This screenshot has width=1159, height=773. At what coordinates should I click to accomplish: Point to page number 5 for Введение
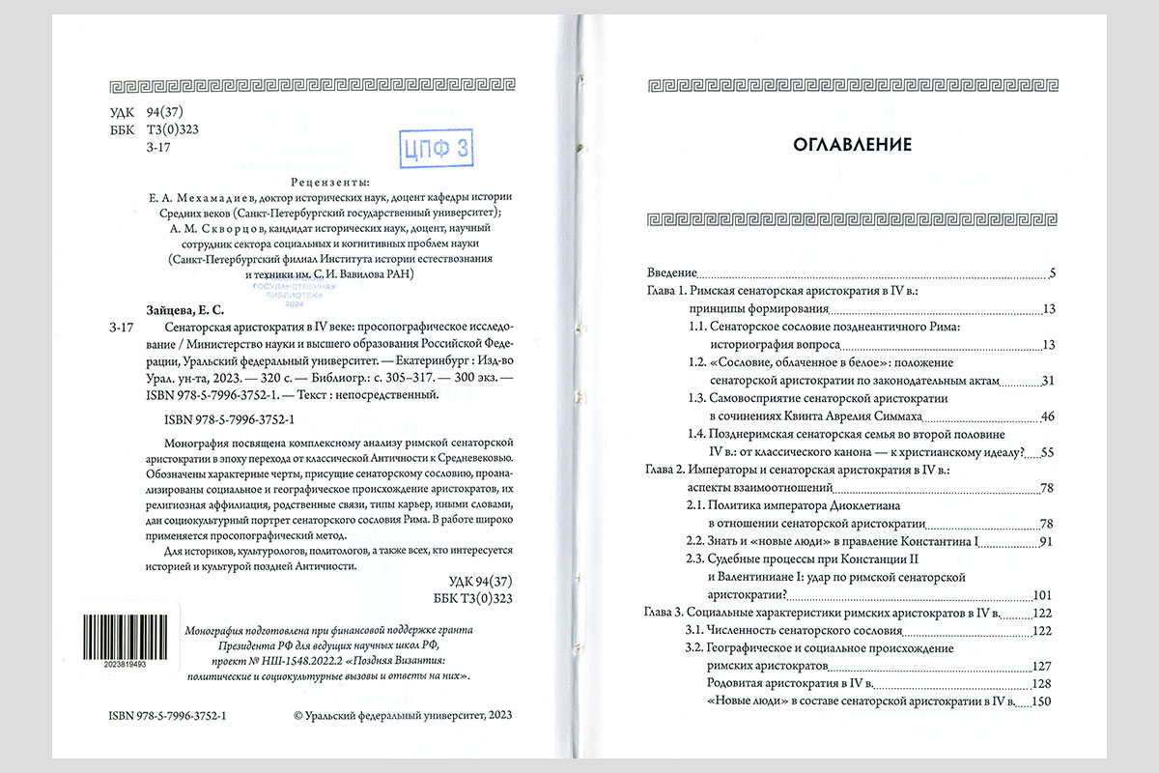1052,273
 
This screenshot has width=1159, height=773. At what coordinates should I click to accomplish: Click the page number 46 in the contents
1047,416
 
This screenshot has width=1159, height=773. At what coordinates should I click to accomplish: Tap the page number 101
1043,594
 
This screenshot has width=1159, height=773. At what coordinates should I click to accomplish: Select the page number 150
1042,701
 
